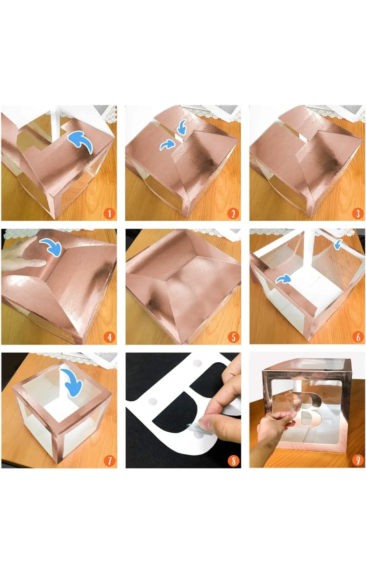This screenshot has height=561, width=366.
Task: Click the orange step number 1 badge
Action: click(x=109, y=213)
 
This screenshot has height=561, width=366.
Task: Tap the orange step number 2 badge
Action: click(x=233, y=213)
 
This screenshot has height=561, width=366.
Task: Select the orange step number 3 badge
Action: click(x=357, y=213)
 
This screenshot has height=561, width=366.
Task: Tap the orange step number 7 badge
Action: click(x=109, y=460)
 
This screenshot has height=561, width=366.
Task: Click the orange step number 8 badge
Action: click(x=233, y=460)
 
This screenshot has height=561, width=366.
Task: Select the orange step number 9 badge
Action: click(x=357, y=460)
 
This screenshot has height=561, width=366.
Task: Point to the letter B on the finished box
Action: click(x=310, y=411)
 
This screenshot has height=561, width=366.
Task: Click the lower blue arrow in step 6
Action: click(x=283, y=279)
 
